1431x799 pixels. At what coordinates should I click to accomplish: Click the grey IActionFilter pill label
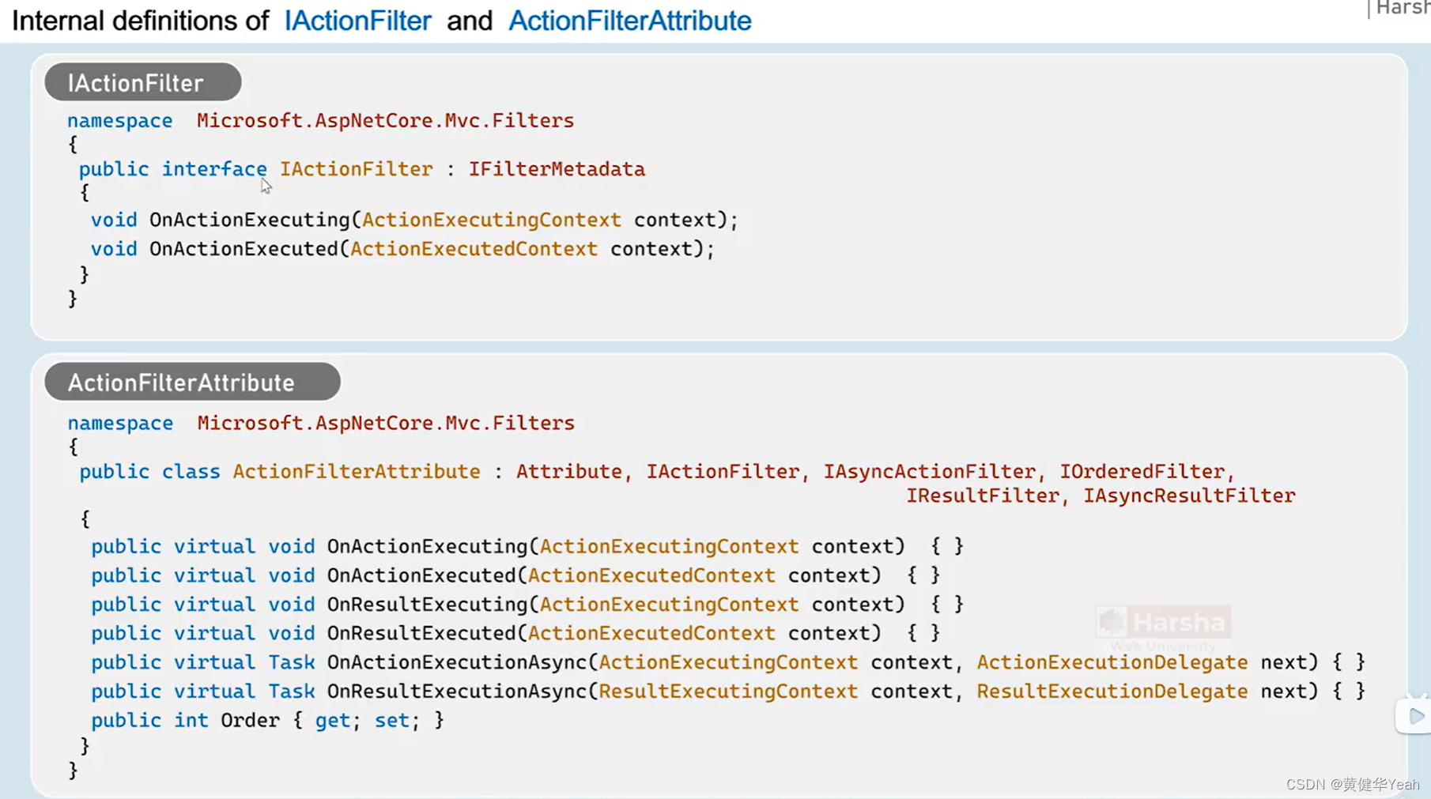(x=142, y=83)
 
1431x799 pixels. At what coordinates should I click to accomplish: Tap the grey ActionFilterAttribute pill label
(x=192, y=383)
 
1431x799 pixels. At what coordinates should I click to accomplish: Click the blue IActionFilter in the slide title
(x=357, y=21)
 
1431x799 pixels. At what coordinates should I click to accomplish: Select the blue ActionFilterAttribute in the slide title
(x=629, y=21)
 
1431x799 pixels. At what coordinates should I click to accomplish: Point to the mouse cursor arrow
(x=266, y=186)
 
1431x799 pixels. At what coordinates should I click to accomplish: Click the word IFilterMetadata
(x=557, y=169)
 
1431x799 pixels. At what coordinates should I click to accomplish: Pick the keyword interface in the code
(x=214, y=169)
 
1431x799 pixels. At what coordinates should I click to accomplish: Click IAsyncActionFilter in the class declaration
(x=929, y=472)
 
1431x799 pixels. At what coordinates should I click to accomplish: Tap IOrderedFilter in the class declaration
(x=1142, y=472)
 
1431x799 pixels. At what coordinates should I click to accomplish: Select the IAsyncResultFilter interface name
(x=1188, y=496)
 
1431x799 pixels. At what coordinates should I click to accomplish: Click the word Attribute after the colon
(x=568, y=472)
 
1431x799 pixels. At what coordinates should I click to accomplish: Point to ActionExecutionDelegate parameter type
(x=1112, y=662)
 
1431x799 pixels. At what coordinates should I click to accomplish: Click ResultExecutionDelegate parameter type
(x=1112, y=692)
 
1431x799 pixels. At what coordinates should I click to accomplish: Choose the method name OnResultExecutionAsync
(x=457, y=692)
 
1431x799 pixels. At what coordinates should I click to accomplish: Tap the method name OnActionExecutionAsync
(x=457, y=662)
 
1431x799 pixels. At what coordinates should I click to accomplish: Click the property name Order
(x=250, y=721)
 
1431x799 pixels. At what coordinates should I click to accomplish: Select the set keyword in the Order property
(x=391, y=721)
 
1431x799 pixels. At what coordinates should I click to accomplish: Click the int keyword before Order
(x=191, y=721)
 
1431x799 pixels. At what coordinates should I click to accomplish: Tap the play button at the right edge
(x=1415, y=717)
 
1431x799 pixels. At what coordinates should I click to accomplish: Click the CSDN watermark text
(x=1352, y=784)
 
